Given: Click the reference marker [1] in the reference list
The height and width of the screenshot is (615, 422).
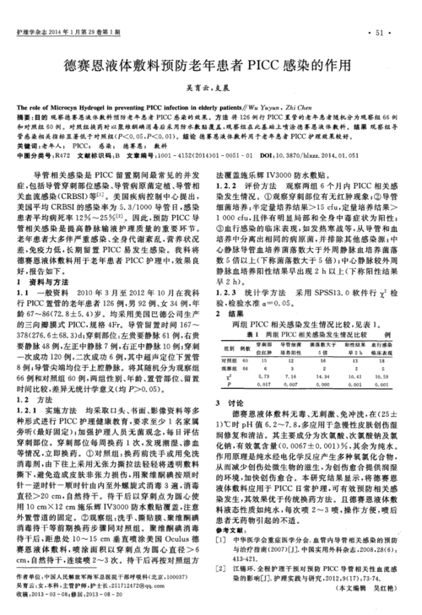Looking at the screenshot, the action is tap(221, 561).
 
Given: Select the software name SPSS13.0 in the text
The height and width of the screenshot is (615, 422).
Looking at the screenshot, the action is tap(322, 291).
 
